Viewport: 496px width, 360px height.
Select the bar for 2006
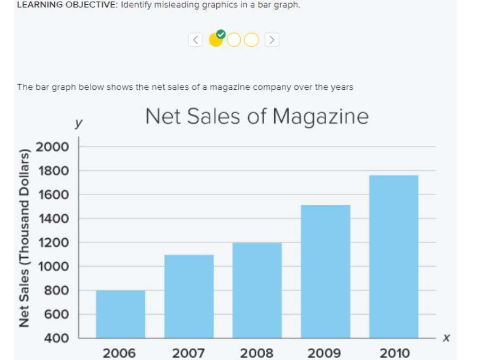[x=121, y=314]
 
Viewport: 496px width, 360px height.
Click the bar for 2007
[x=189, y=296]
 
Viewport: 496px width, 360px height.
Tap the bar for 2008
[x=257, y=290]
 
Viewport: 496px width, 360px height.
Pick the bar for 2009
[x=325, y=271]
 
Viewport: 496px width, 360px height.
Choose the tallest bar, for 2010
[x=394, y=256]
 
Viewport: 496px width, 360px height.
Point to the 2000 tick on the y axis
[x=52, y=147]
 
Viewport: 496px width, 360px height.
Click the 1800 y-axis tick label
[x=52, y=171]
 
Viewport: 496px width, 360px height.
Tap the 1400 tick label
[x=52, y=219]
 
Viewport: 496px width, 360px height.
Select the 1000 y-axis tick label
[x=52, y=266]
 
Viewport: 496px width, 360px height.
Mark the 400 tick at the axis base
[x=55, y=338]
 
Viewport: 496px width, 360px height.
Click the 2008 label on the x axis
[x=257, y=353]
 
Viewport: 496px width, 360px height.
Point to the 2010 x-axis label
[x=394, y=353]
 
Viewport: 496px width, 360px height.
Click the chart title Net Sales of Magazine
[x=256, y=116]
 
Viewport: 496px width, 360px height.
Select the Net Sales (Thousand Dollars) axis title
[x=24, y=239]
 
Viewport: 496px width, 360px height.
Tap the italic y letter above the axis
[x=78, y=123]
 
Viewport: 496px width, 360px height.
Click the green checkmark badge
[x=221, y=35]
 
